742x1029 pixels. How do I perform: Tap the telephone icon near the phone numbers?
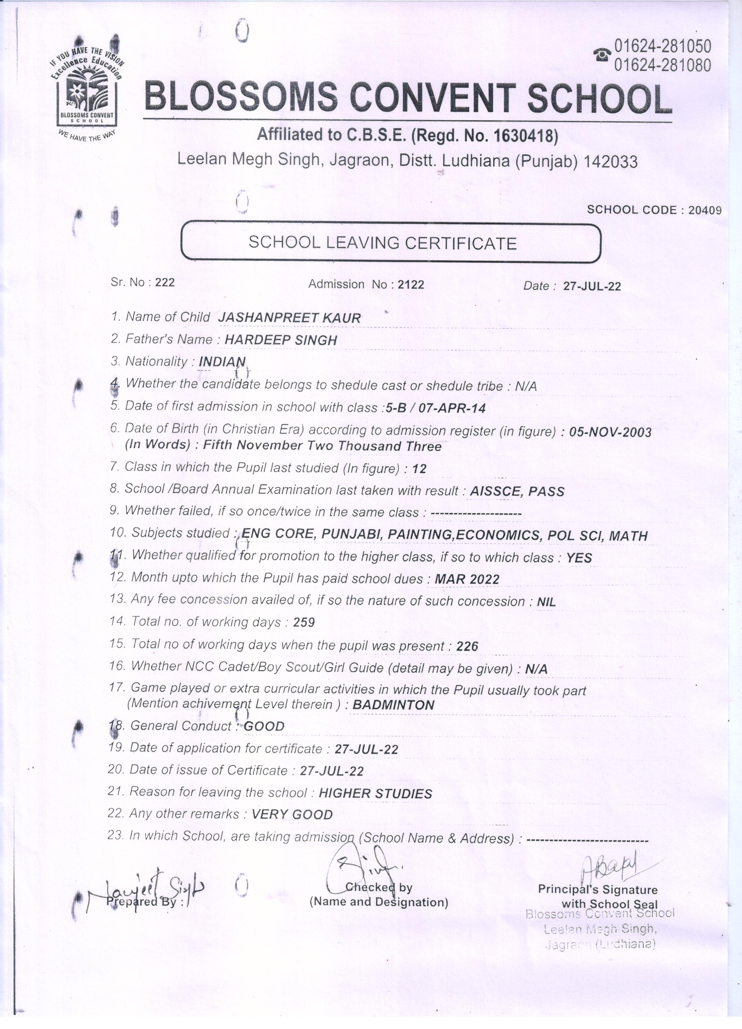602,55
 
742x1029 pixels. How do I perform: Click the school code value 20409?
704,210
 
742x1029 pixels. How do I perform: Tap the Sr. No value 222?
165,282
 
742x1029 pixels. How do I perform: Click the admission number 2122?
410,285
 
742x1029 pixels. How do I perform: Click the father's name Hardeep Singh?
281,340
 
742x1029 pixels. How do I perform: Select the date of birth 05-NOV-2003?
610,432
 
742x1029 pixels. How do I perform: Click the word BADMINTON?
393,704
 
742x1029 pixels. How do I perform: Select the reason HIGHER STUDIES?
375,793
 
